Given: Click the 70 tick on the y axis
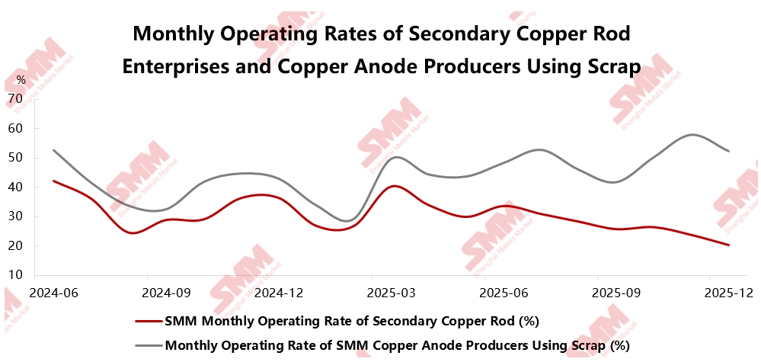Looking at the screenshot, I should pyautogui.click(x=15, y=98).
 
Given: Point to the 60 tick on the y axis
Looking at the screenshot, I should pyautogui.click(x=15, y=128).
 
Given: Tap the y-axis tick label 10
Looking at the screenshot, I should pyautogui.click(x=15, y=274).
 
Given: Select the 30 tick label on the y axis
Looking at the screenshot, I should pyautogui.click(x=15, y=216).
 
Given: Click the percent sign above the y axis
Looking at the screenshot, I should pyautogui.click(x=21, y=79).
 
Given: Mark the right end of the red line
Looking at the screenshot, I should pyautogui.click(x=729, y=245).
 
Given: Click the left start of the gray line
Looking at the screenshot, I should pyautogui.click(x=53, y=150).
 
